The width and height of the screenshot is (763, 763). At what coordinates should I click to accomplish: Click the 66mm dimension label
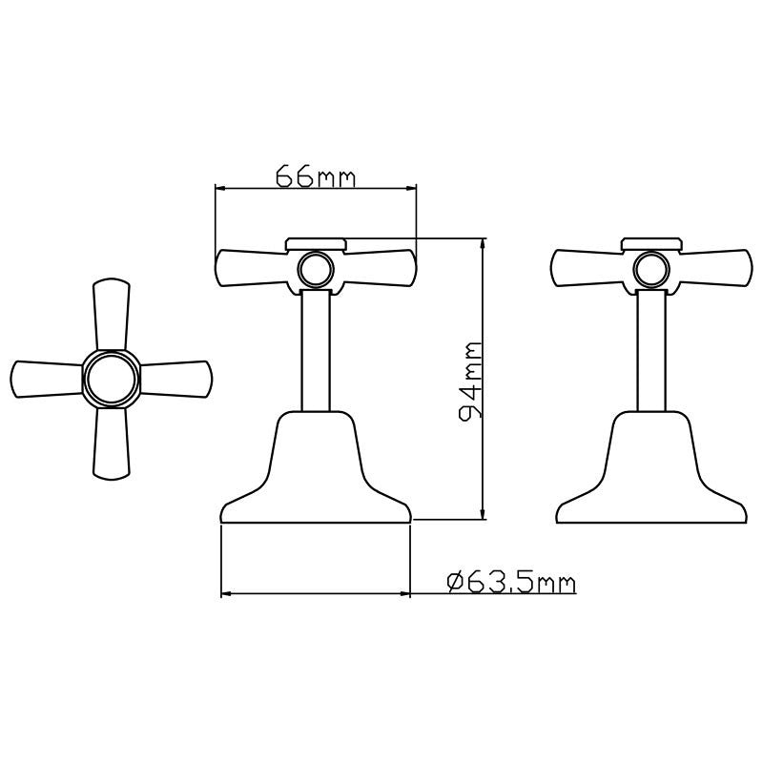click(315, 176)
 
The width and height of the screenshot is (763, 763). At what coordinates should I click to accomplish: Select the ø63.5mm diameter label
click(511, 582)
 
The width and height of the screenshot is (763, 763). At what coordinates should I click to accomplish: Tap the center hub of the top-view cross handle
click(111, 379)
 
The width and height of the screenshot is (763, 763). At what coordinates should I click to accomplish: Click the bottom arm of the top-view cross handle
click(111, 443)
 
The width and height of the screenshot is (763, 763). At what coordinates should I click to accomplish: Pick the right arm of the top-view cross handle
click(176, 379)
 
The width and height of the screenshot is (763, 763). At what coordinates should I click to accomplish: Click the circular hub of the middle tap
click(314, 269)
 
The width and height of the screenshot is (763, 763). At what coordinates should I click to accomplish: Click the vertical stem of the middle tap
click(315, 353)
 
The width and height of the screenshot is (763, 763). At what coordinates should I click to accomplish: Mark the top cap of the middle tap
click(315, 244)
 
